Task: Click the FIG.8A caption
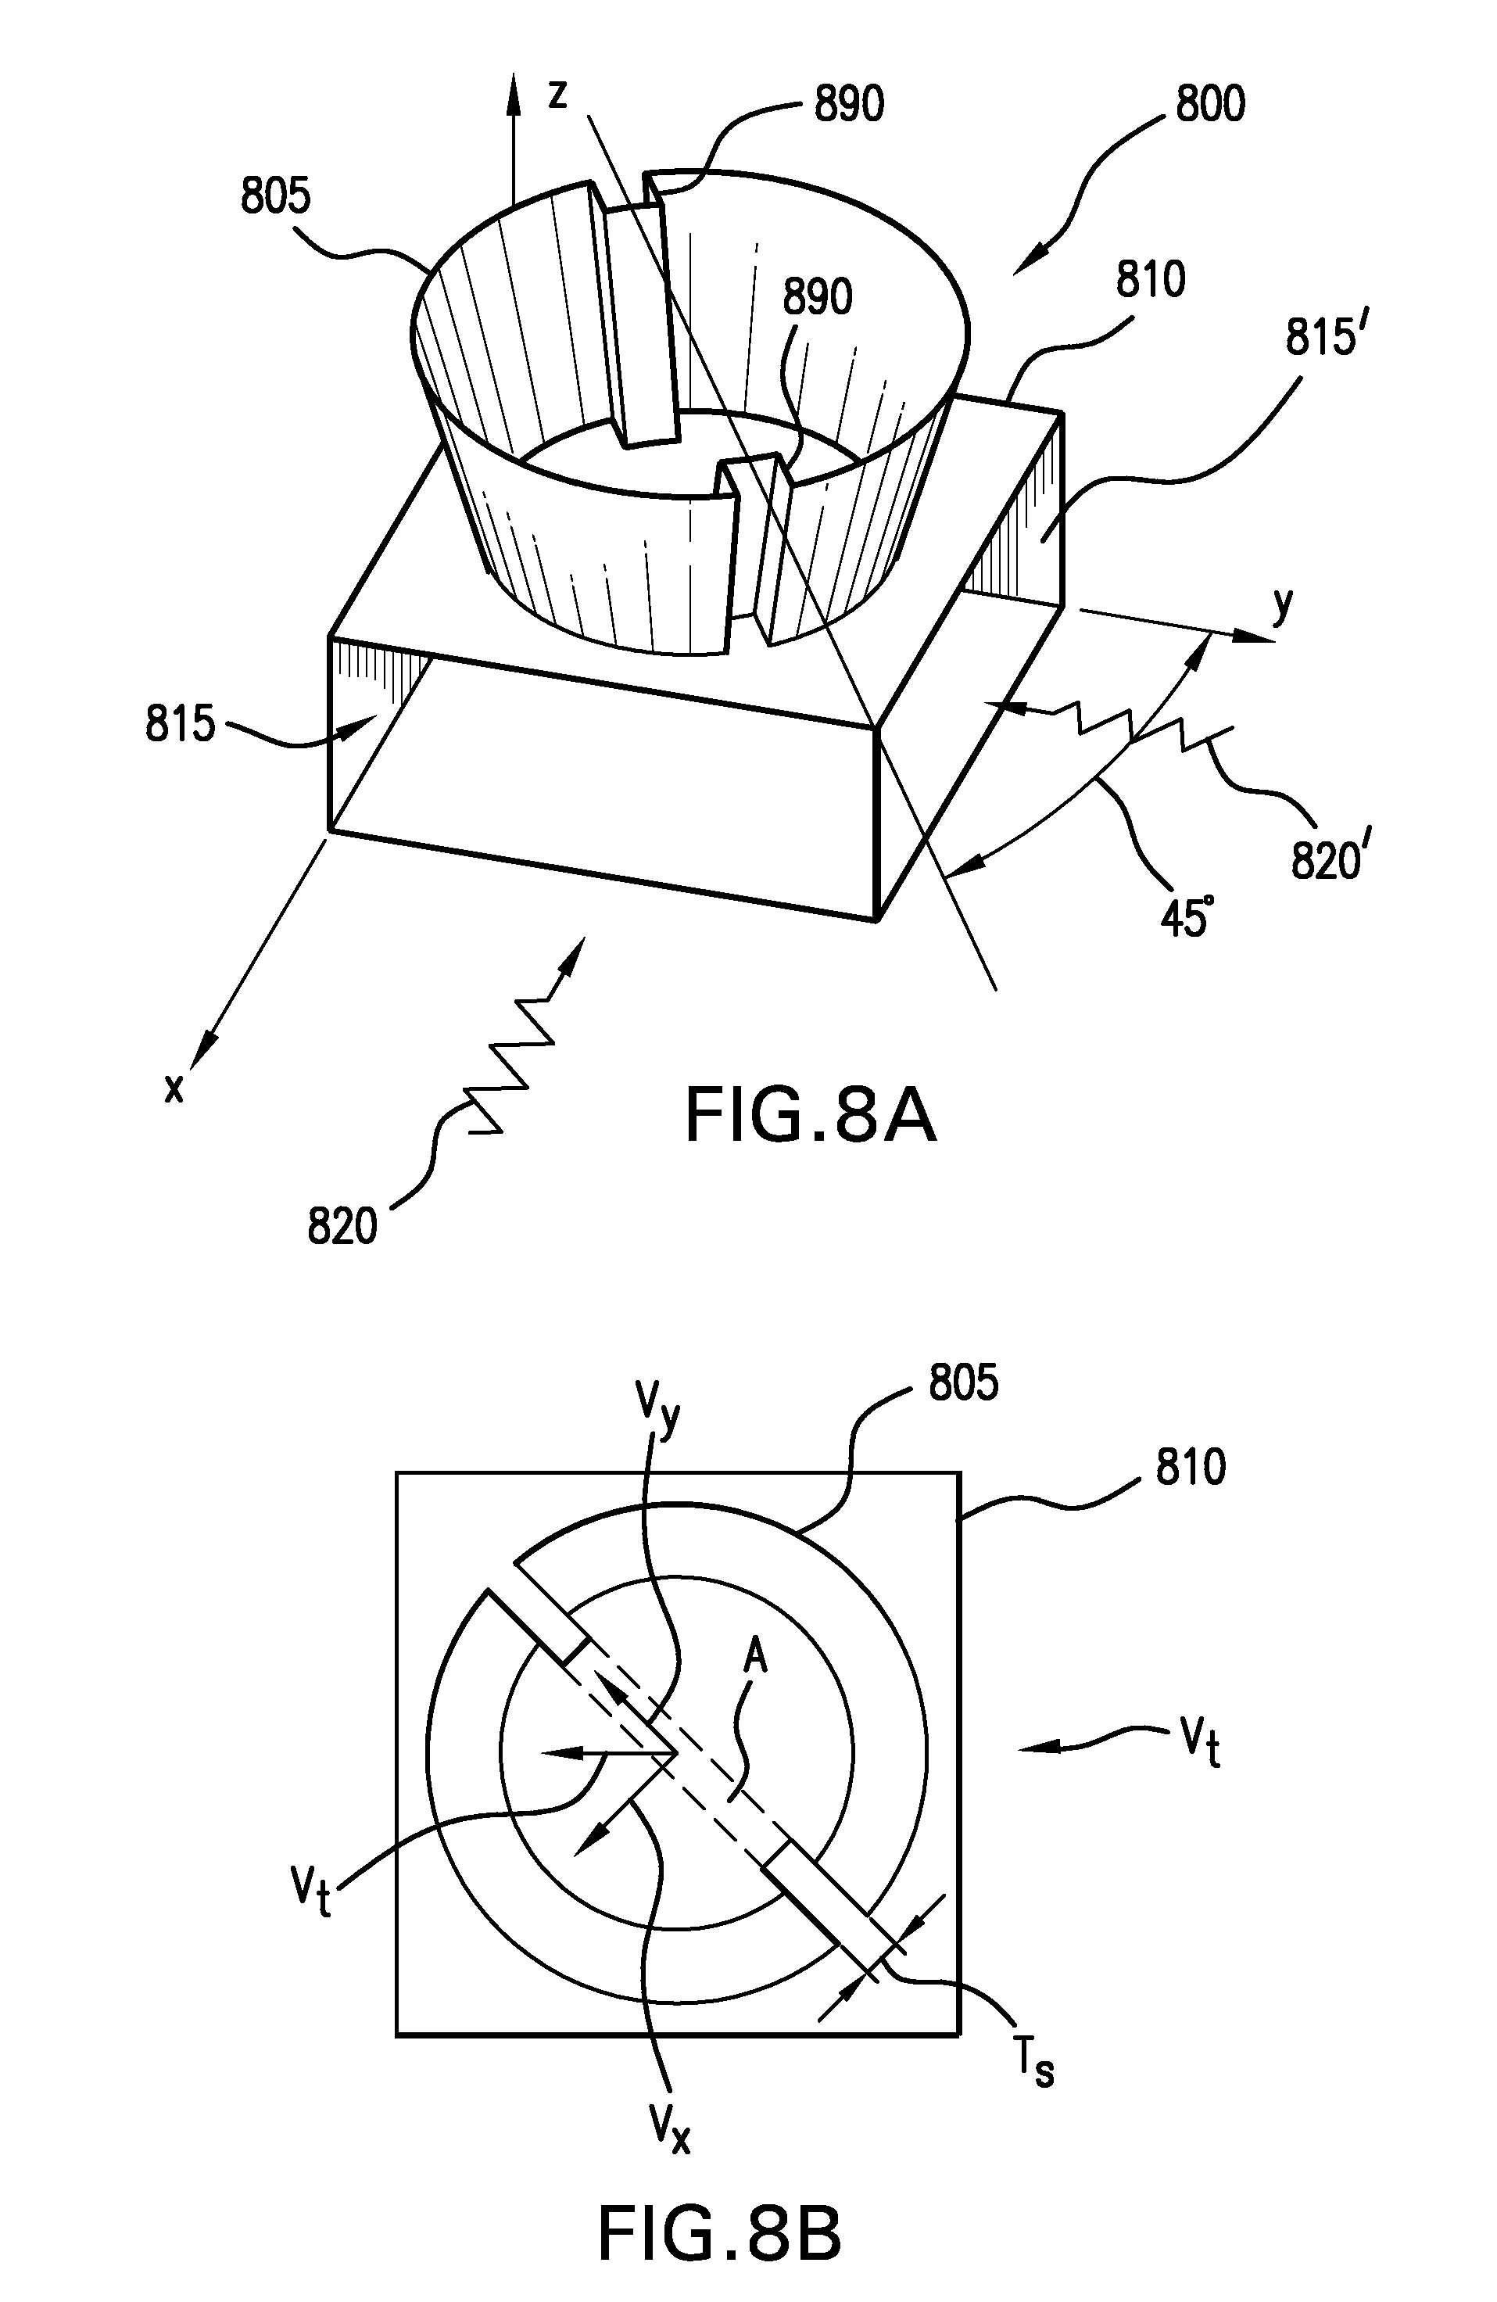click(811, 1115)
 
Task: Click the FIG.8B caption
click(719, 2232)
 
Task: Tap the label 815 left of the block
click(180, 723)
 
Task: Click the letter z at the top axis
click(557, 95)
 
